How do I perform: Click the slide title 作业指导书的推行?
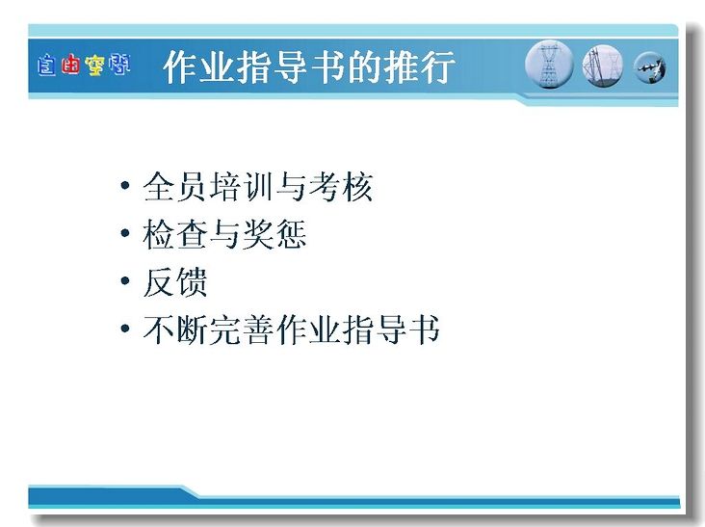point(308,67)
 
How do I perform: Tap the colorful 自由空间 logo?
point(84,65)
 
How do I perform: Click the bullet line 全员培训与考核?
point(257,187)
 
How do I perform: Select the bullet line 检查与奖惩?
point(224,234)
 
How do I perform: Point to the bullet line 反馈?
point(175,282)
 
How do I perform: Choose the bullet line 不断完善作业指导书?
point(292,329)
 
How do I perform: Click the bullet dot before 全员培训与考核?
point(125,185)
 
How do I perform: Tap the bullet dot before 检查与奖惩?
point(125,233)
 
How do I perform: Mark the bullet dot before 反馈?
point(125,280)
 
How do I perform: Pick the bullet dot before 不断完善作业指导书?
point(125,329)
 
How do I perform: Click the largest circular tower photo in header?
point(549,64)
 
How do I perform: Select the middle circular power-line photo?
point(603,66)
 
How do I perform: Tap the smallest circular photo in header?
point(650,67)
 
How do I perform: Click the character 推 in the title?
point(401,67)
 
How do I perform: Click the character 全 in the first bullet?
point(159,187)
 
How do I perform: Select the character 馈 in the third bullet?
point(192,282)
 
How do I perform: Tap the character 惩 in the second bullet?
point(291,234)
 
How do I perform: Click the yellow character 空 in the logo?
point(95,66)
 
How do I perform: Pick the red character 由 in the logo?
point(71,65)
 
